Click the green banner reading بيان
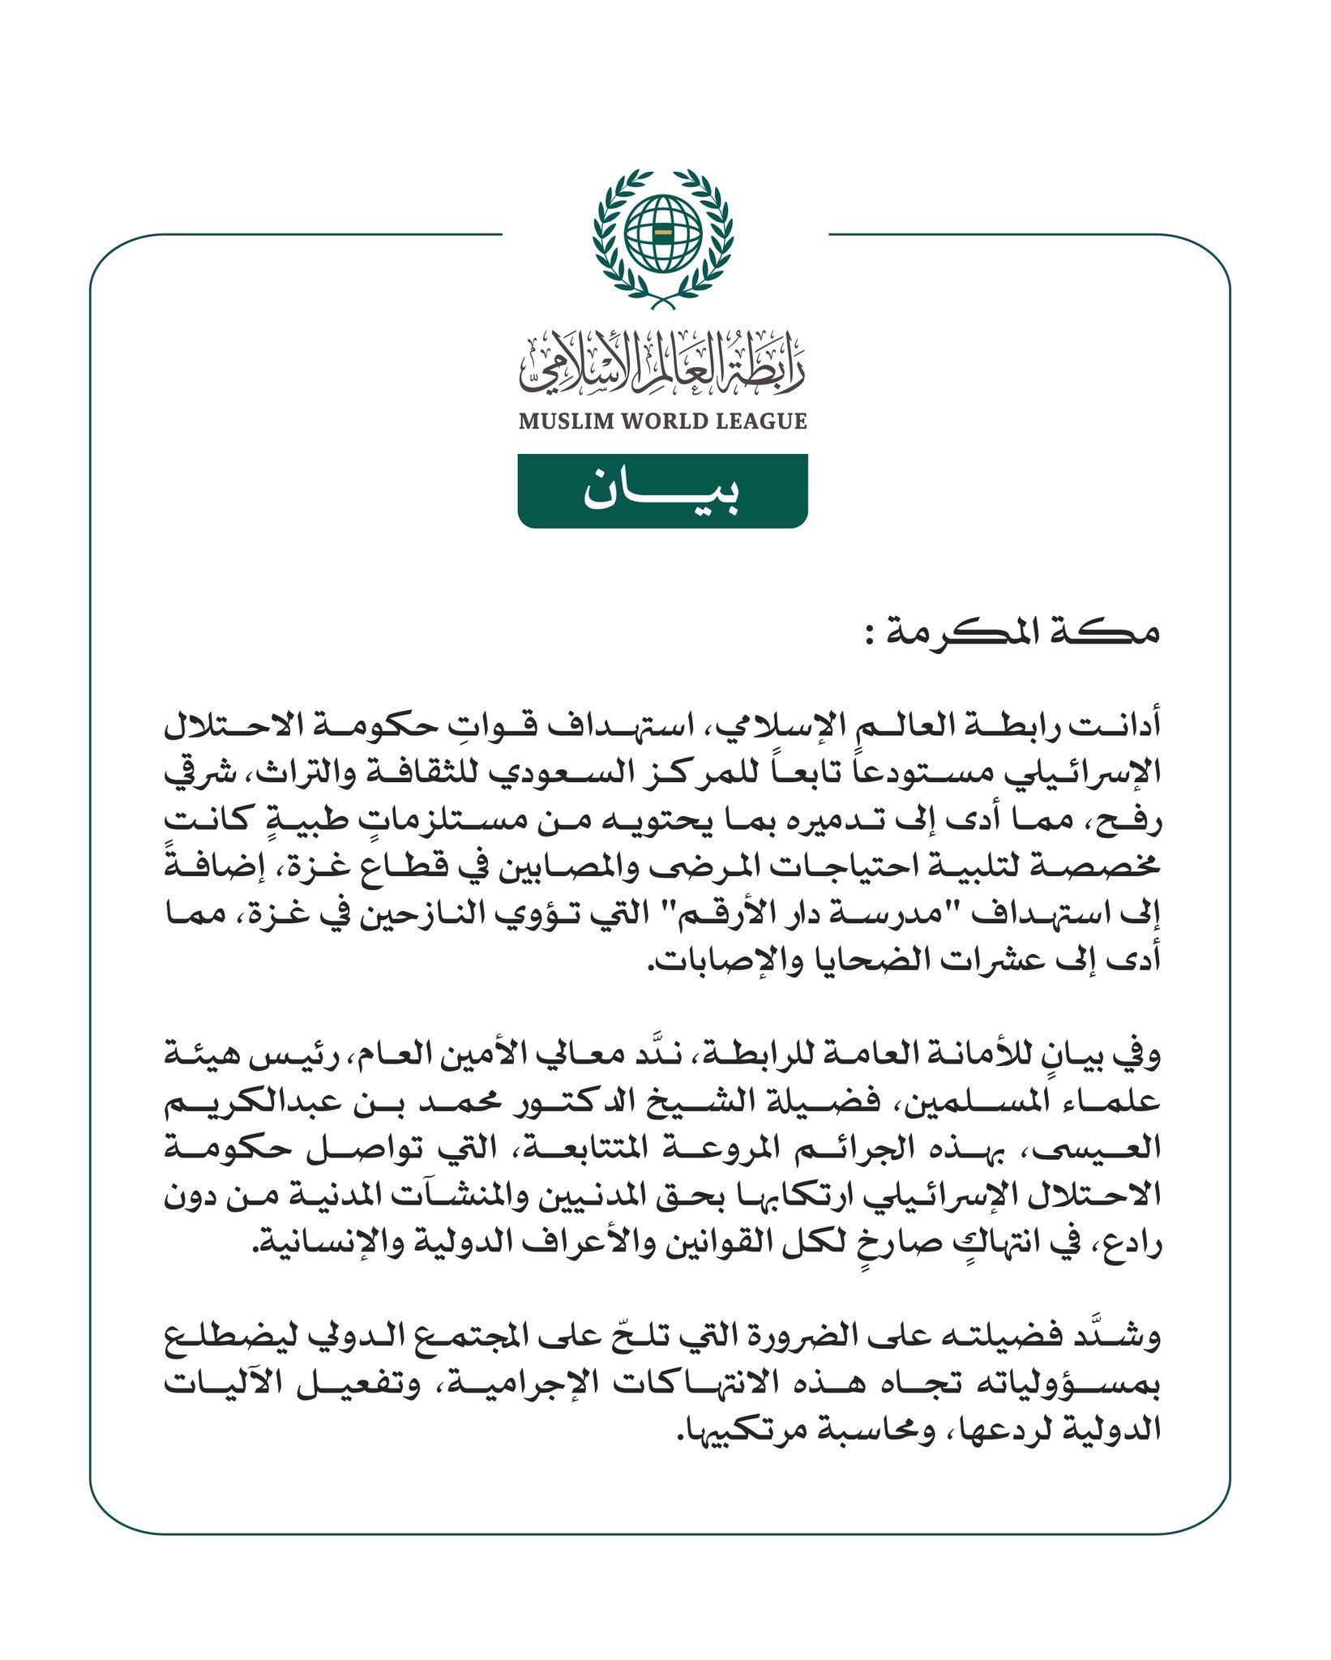click(662, 491)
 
